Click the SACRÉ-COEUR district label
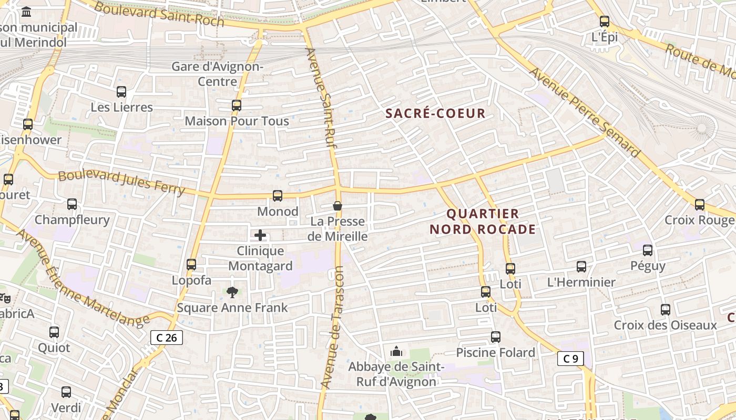tap(435, 113)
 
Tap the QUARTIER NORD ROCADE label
tap(483, 222)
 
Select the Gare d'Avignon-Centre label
tap(217, 74)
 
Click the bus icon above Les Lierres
tap(121, 92)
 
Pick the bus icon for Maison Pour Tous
tap(237, 106)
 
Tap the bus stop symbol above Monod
tap(278, 196)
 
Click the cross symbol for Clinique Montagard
tap(260, 235)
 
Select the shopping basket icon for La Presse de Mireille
tap(338, 206)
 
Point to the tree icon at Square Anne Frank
tap(232, 292)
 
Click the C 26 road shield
tap(167, 338)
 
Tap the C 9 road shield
tap(570, 359)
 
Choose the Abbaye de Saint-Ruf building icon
tap(396, 351)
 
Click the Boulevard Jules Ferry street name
tap(121, 182)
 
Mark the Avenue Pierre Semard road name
tap(585, 112)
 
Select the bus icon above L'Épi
tap(605, 22)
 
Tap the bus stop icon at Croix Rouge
tap(700, 205)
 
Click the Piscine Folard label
tap(495, 352)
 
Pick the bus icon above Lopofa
tap(191, 265)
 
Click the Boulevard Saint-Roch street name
tap(159, 15)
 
